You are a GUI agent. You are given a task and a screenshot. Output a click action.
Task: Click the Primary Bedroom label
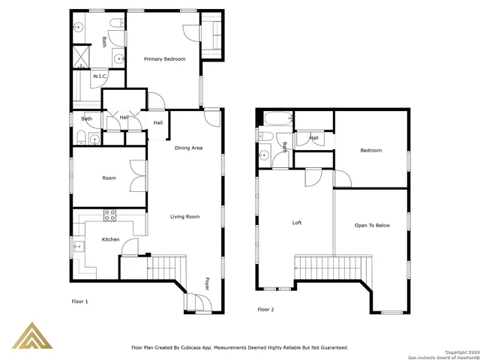[164, 59]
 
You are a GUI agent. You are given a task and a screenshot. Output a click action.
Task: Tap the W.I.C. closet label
[100, 76]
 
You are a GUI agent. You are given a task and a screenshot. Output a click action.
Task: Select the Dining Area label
[188, 148]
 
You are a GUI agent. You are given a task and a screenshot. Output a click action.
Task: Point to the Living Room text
[184, 217]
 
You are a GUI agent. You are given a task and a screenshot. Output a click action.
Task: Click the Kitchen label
[110, 239]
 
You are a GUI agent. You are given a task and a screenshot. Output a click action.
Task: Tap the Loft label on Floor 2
[297, 223]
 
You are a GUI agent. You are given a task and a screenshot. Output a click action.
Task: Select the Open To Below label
[372, 225]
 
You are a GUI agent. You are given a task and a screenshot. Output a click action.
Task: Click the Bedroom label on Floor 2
[370, 151]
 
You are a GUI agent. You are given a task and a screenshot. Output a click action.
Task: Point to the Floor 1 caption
[79, 301]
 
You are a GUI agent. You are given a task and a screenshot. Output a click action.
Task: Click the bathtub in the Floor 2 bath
[274, 118]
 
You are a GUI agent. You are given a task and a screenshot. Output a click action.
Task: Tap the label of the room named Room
[109, 178]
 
